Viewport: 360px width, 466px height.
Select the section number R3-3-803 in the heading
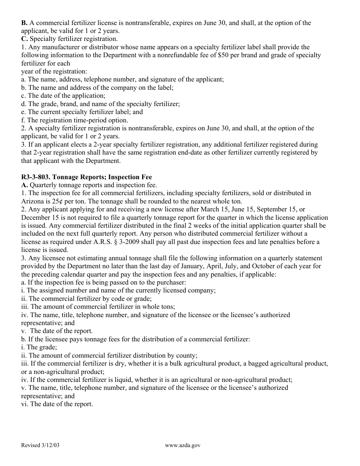pos(36,177)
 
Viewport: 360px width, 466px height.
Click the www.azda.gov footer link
pos(183,445)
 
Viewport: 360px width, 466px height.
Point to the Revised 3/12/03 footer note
pos(41,445)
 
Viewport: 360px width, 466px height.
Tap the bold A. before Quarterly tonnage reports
pos(24,185)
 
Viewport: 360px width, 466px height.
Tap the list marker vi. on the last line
pos(25,404)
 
